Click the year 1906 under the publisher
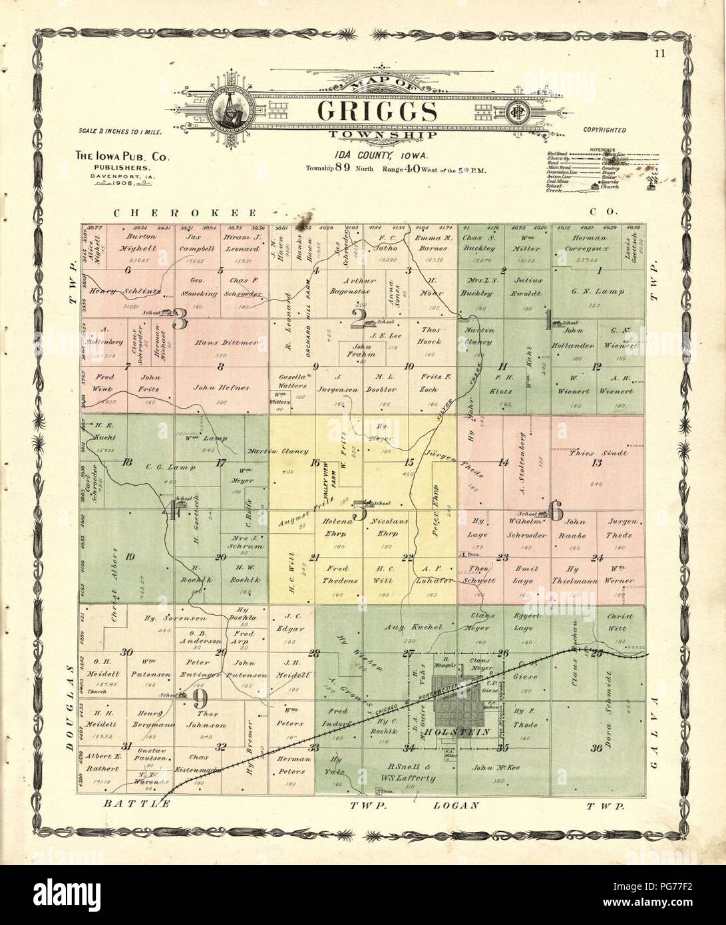pos(124,183)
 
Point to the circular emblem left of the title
pos(229,108)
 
